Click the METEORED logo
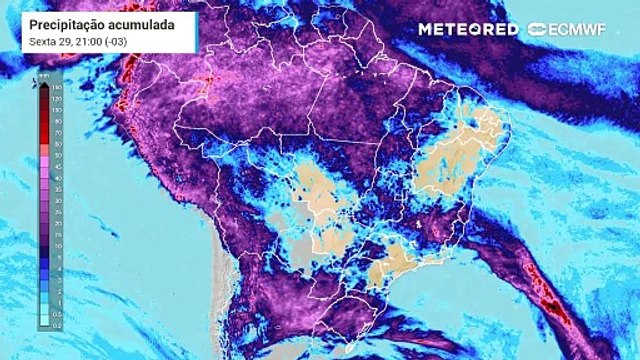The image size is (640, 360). tap(467, 29)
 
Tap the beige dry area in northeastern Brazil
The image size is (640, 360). tap(455, 160)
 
